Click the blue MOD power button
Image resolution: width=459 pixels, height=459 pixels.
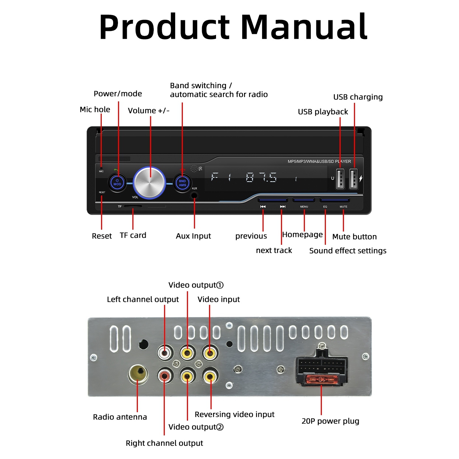pyautogui.click(x=117, y=182)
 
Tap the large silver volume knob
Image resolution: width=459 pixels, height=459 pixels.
pyautogui.click(x=149, y=182)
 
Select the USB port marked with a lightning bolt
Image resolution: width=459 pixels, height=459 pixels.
pyautogui.click(x=354, y=179)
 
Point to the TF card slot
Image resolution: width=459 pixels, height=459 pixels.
pyautogui.click(x=133, y=206)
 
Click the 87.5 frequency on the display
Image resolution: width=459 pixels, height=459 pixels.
pyautogui.click(x=261, y=178)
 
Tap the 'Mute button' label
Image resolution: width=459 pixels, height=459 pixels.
pyautogui.click(x=354, y=237)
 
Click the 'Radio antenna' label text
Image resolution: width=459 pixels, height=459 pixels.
pyautogui.click(x=120, y=417)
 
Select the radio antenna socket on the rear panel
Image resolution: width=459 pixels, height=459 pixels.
pyautogui.click(x=138, y=373)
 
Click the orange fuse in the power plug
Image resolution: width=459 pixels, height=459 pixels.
pyautogui.click(x=321, y=379)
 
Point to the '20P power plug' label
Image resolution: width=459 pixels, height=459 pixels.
pyautogui.click(x=330, y=421)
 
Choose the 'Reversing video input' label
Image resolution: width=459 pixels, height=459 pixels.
pyautogui.click(x=234, y=414)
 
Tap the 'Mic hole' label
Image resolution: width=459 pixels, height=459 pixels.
pyautogui.click(x=95, y=109)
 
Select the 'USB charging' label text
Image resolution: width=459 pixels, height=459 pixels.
pyautogui.click(x=358, y=97)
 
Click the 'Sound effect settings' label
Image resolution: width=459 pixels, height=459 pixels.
pyautogui.click(x=348, y=251)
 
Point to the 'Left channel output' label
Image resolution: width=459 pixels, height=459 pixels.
pyautogui.click(x=143, y=299)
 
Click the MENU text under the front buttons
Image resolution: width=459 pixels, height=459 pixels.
pyautogui.click(x=304, y=207)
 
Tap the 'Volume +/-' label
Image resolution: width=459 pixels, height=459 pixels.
pyautogui.click(x=149, y=111)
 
